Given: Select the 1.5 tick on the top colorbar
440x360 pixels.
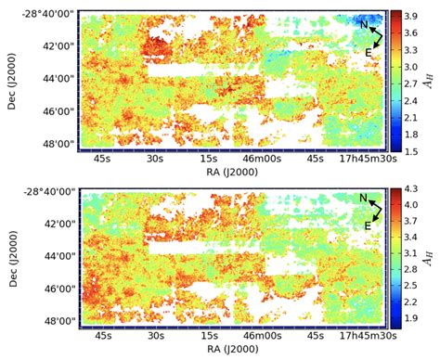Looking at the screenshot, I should point(411,150).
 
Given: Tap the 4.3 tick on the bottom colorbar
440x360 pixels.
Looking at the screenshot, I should point(411,192).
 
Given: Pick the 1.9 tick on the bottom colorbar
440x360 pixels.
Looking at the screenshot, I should point(411,320).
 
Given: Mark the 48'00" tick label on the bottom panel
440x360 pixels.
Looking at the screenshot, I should point(58,321).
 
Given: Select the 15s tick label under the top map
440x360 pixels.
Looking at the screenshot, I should point(208,158).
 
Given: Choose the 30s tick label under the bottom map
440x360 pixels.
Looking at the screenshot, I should point(155,336).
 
